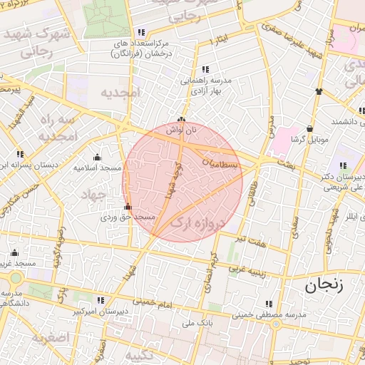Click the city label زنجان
(x=324, y=287)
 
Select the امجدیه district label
(x=118, y=93)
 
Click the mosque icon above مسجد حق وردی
(x=128, y=207)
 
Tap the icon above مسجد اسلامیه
(x=98, y=158)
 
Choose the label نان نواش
(x=181, y=130)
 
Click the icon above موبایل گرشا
(x=311, y=129)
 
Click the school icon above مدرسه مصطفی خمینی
(x=268, y=304)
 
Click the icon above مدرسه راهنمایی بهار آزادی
(x=205, y=69)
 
